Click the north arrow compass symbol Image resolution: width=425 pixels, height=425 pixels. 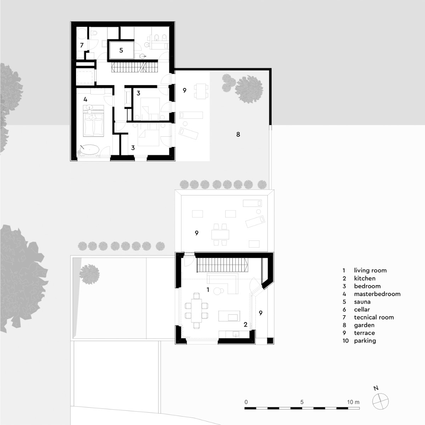point(380,401)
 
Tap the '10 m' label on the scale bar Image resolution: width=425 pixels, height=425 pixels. point(353,402)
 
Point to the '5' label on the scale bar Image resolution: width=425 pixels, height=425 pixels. point(302,402)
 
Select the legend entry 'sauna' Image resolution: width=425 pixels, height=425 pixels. point(362,302)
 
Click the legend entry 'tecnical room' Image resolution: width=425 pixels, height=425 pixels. point(374,317)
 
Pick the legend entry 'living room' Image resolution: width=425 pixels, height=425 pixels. point(370,271)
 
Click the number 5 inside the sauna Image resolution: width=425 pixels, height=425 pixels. point(121,50)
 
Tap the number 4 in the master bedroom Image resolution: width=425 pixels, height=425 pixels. point(85,100)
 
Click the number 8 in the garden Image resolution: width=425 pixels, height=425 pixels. point(238,134)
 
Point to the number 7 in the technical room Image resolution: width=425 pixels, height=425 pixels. point(82,45)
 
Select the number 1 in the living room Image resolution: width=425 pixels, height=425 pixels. point(208,290)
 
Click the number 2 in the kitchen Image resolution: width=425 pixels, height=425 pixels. point(245,324)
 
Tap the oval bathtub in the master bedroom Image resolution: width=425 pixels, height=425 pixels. point(89,149)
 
